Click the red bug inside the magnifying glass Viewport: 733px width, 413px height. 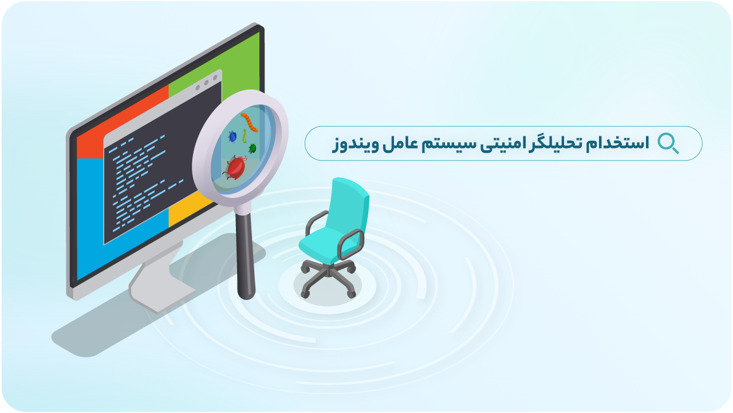tap(235, 168)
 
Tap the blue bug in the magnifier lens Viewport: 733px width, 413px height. tap(232, 137)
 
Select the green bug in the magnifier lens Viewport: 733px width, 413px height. tap(252, 149)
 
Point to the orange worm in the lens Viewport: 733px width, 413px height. tap(249, 122)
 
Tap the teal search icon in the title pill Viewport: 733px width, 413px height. tap(668, 143)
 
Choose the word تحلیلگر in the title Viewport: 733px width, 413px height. tap(565, 143)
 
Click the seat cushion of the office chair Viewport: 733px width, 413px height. tap(324, 244)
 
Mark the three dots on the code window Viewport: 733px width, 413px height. tap(206, 83)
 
